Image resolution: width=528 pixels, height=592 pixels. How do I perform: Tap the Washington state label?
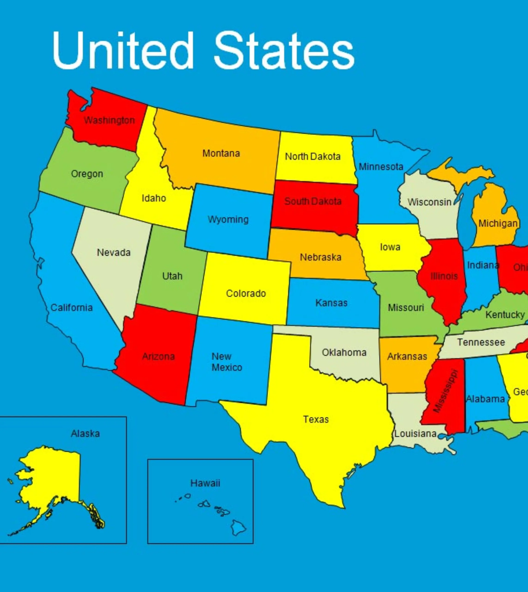point(109,120)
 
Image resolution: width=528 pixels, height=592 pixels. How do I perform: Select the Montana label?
point(221,153)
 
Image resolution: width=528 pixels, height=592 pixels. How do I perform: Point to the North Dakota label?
point(313,157)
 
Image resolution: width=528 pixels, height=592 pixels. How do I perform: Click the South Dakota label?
point(313,201)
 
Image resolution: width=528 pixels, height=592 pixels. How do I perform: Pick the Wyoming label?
point(228,219)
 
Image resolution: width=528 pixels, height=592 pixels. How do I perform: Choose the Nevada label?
point(114,253)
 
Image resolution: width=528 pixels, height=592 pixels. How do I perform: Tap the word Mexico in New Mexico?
point(227,367)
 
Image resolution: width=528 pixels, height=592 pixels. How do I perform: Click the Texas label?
point(316,419)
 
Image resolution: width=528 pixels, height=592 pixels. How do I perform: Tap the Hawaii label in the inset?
point(205,483)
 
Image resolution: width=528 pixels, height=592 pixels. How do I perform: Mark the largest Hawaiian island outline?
point(238,527)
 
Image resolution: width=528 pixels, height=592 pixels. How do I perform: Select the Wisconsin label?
point(429,202)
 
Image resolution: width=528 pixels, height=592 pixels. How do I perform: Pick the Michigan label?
point(498,224)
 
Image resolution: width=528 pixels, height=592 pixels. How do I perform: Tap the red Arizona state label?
point(159,357)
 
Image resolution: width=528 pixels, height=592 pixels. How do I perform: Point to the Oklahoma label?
point(344,352)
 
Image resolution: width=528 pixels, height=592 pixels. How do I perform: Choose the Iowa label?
point(390,247)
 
